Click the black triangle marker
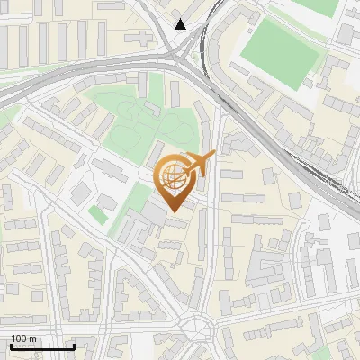[x=181, y=23]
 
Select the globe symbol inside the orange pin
[x=172, y=178]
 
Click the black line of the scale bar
[x=42, y=346]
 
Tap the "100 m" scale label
[x=23, y=338]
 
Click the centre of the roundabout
[x=195, y=330]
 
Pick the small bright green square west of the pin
[x=98, y=214]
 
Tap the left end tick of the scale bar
[x=11, y=345]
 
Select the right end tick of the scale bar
[x=74, y=345]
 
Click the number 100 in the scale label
[x=19, y=338]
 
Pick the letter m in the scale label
[x=32, y=338]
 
